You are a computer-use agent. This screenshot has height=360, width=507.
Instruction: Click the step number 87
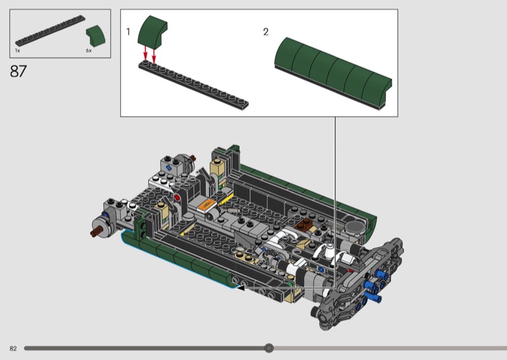[18, 71]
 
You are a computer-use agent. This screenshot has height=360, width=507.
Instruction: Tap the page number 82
[13, 349]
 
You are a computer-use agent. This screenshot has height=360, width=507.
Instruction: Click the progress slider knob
[269, 348]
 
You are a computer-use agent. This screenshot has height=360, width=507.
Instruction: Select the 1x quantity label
[18, 51]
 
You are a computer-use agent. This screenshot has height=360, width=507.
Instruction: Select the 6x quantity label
[89, 51]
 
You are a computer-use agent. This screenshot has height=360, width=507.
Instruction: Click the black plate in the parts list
[50, 30]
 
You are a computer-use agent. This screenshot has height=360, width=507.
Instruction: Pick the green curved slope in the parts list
[96, 35]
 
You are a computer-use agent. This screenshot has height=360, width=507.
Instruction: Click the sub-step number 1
[128, 32]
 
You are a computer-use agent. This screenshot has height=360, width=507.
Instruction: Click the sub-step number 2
[266, 32]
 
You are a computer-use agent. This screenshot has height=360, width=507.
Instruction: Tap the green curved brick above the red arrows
[152, 31]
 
